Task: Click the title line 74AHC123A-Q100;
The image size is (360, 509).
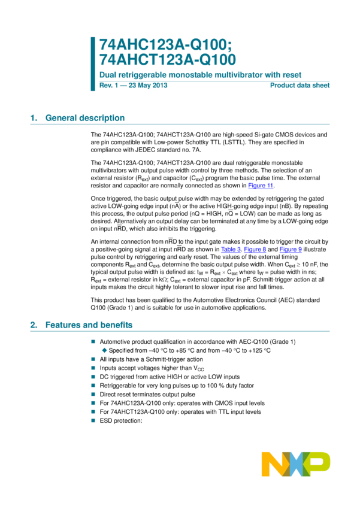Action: [165, 44]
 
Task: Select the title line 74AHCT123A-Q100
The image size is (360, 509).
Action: [168, 60]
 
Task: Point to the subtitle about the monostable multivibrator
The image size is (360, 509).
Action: [200, 75]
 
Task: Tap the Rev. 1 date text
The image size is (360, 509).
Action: [133, 85]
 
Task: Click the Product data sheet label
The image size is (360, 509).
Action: [300, 85]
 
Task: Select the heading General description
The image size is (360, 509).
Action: [85, 118]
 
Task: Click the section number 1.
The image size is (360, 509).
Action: [33, 118]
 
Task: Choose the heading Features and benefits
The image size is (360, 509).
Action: [89, 325]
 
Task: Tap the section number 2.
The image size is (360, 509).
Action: [33, 325]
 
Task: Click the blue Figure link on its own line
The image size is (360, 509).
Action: [261, 186]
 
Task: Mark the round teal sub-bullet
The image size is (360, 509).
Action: [104, 350]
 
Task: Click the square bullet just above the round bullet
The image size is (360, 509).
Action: [93, 341]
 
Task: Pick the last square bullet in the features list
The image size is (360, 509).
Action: [93, 420]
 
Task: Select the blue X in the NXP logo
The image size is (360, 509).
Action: [296, 464]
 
